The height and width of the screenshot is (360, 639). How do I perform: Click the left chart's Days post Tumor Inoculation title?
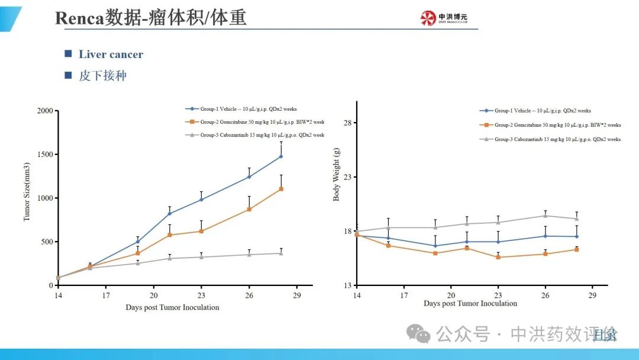point(172,307)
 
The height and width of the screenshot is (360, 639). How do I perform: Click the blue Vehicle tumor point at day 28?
point(281,156)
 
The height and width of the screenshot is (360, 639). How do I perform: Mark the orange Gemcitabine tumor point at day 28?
point(281,189)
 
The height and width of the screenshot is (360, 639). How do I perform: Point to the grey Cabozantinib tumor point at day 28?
point(281,253)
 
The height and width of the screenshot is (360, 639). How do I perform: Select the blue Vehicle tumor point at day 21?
point(169,213)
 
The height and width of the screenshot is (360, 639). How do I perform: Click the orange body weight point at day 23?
point(498,257)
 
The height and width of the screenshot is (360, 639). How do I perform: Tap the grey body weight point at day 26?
point(546,216)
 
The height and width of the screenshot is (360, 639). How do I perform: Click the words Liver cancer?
point(111,54)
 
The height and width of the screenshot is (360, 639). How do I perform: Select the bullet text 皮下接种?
point(102,76)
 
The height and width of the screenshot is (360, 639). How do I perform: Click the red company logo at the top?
point(427,18)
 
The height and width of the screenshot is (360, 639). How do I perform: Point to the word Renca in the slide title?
point(79,18)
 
